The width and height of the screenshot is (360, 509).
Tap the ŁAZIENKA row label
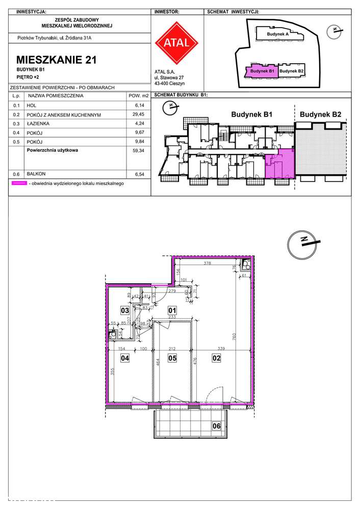pos(38,123)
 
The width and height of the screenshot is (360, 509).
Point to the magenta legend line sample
pos(19,183)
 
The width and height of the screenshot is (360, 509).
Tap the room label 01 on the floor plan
pos(172,309)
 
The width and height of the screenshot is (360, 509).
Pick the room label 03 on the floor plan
pos(124,309)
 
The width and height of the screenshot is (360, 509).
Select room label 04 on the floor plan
pos(124,358)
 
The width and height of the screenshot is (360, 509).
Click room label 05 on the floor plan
pos(172,358)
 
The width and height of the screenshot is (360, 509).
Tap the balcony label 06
pos(217,426)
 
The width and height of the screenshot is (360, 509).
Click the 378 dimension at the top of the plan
pos(207,264)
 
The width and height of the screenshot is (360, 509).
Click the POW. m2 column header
pos(138,95)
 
